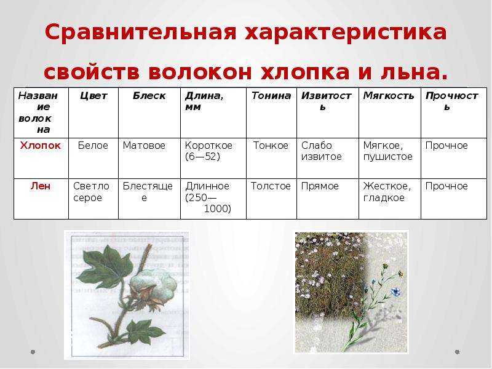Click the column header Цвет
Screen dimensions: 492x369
93,96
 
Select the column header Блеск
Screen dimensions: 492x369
149,96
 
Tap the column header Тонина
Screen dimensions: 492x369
271,96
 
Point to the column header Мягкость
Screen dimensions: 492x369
389,96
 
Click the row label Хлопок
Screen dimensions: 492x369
41,146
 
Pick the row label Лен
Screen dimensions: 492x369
41,186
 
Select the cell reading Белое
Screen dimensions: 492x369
93,146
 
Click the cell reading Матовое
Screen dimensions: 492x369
144,146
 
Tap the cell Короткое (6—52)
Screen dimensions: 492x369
208,151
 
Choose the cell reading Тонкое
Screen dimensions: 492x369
271,146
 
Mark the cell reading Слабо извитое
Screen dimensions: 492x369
321,151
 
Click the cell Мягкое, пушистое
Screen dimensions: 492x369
388,151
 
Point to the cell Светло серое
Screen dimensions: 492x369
91,192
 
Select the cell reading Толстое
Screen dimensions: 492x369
271,186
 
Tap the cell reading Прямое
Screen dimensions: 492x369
320,186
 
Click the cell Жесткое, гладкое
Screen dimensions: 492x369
387,192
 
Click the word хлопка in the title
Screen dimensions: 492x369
305,72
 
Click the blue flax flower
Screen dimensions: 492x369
395,292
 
